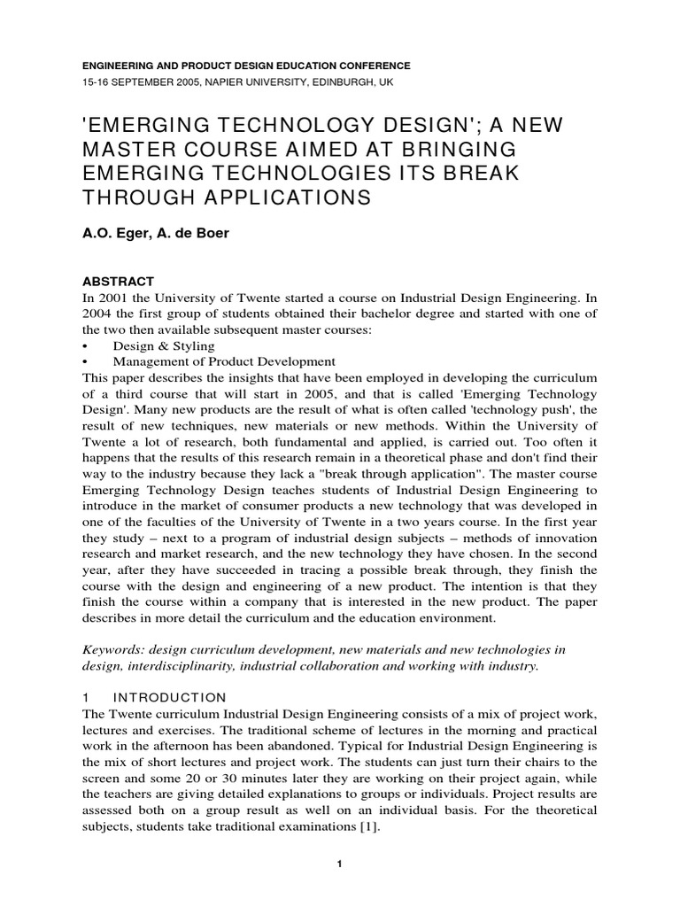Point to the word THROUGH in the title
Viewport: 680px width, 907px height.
coord(143,196)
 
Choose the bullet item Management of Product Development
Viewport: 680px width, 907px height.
coord(224,361)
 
